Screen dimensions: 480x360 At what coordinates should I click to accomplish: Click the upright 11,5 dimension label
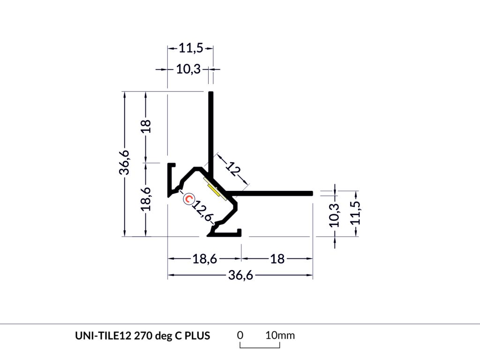191,48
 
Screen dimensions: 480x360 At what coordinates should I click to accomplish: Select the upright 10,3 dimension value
188,69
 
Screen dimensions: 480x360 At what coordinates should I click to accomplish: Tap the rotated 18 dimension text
146,126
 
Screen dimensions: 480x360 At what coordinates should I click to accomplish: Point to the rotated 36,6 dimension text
124,163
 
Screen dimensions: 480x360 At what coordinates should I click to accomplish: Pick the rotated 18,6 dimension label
146,199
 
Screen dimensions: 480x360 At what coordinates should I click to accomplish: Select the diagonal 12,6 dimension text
202,210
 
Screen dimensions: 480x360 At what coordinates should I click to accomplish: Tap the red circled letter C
188,199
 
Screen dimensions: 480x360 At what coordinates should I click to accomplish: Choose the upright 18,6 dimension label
205,259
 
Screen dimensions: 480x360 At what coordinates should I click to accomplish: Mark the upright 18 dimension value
277,259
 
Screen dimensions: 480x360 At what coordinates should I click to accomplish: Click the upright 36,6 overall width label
240,275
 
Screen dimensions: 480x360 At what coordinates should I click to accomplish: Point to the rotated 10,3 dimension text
334,215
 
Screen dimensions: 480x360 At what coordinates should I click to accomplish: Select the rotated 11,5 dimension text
356,213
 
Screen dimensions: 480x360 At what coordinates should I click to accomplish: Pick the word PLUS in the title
197,336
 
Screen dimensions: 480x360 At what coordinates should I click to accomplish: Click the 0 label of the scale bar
240,335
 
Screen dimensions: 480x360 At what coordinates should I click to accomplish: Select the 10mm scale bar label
280,335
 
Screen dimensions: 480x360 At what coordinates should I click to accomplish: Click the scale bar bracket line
260,347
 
